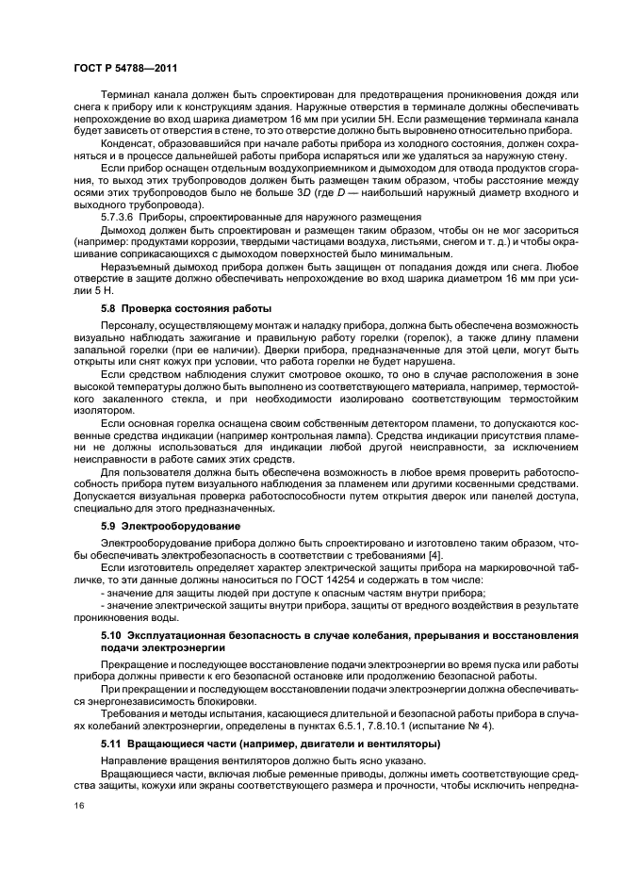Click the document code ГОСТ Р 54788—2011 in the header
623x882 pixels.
(x=125, y=69)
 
